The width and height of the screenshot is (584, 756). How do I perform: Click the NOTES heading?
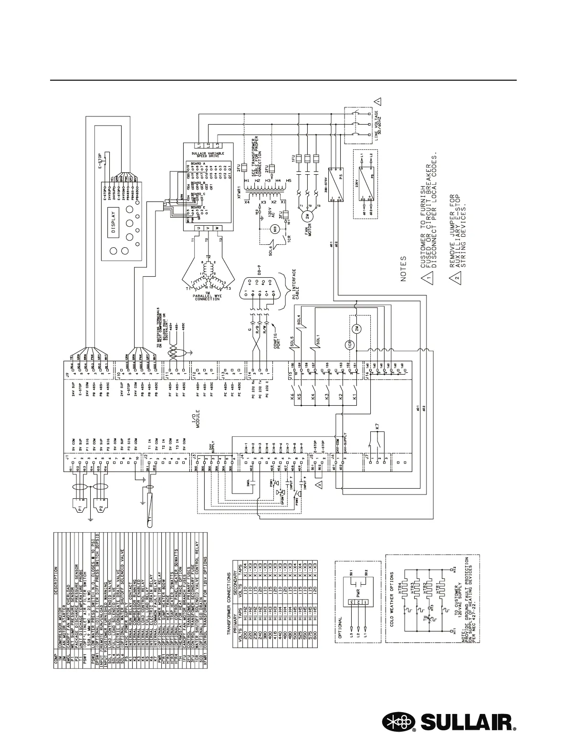pyautogui.click(x=403, y=269)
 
